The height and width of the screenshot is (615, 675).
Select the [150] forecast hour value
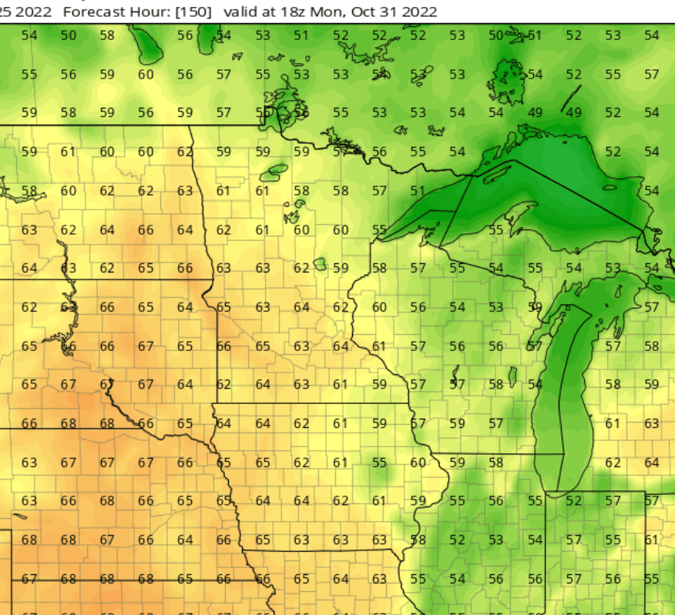pos(196,12)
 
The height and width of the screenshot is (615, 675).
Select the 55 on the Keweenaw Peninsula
pos(495,229)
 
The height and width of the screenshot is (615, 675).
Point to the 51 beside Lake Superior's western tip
pos(418,190)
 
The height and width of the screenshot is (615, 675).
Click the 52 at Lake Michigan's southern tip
pos(573,500)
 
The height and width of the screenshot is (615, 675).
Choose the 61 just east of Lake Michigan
pos(613,423)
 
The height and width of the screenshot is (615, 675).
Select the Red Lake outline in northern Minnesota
pos(273,171)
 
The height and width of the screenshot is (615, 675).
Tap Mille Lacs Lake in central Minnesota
pos(321,264)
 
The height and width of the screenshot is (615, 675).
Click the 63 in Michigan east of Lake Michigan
pos(652,423)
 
